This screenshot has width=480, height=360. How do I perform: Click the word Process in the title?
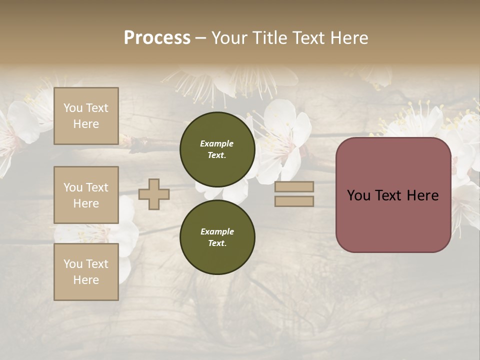(x=157, y=38)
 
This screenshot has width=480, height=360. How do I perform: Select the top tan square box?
(x=86, y=116)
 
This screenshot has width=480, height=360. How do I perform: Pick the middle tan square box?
(x=86, y=195)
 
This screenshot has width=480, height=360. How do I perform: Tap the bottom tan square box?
(x=86, y=271)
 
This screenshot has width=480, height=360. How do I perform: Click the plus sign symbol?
(x=154, y=194)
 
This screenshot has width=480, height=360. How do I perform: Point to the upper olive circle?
(x=217, y=149)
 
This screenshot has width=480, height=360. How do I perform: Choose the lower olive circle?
(x=217, y=237)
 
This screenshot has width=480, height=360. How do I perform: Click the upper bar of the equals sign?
(x=294, y=186)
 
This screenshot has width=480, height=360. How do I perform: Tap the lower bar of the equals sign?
(x=294, y=201)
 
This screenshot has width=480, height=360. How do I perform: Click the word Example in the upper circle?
(x=216, y=143)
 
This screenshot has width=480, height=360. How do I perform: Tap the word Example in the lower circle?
(x=217, y=231)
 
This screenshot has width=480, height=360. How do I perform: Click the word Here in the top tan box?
(x=86, y=124)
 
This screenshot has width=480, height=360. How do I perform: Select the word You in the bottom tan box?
(x=73, y=264)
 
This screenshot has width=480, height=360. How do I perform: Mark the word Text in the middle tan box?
(x=96, y=187)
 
